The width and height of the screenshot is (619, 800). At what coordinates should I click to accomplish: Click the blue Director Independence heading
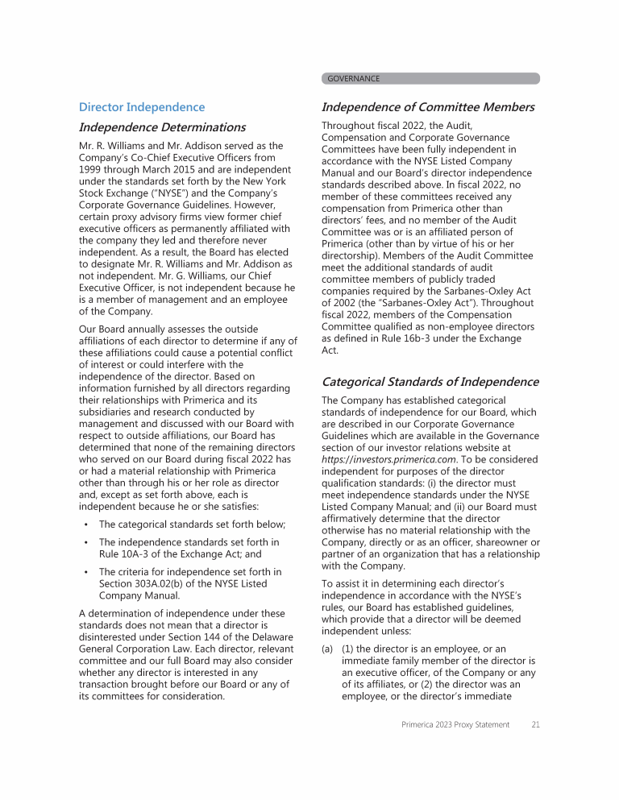[142, 107]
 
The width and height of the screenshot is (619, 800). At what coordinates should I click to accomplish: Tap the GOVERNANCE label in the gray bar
[353, 79]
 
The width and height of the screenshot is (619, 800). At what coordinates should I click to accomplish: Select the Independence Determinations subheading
[162, 127]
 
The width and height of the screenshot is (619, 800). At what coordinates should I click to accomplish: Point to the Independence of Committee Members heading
[427, 107]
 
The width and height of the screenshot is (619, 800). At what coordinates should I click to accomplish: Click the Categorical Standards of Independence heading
[430, 382]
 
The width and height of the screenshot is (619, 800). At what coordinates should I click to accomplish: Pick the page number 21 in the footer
[535, 725]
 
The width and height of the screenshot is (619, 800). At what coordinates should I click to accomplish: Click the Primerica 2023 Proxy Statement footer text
[455, 725]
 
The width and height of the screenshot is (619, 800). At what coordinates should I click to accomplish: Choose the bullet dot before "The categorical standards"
[85, 524]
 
